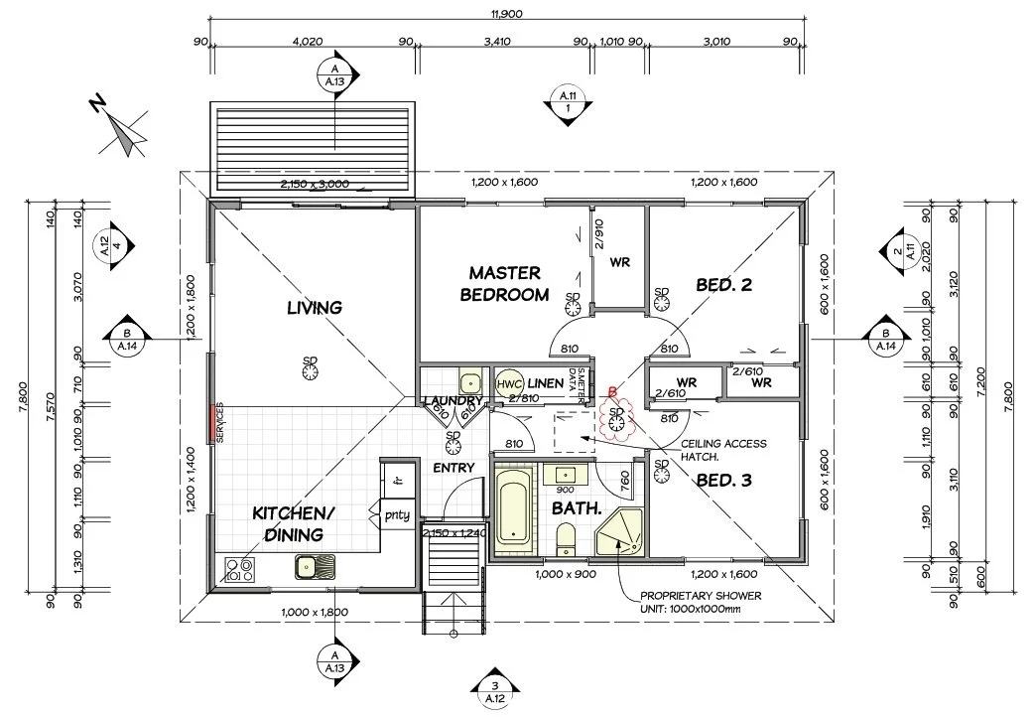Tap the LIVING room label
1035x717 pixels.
point(315,307)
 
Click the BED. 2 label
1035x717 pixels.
point(723,285)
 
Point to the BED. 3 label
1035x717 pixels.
point(723,481)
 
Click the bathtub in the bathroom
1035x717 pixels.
point(513,505)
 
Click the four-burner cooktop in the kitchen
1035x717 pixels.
point(239,568)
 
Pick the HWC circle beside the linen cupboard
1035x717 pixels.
point(509,383)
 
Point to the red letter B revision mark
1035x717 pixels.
point(612,393)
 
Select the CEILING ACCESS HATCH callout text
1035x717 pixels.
point(721,451)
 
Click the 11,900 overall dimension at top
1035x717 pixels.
point(506,14)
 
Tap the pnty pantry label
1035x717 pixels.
point(397,514)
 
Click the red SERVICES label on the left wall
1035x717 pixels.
point(209,424)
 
